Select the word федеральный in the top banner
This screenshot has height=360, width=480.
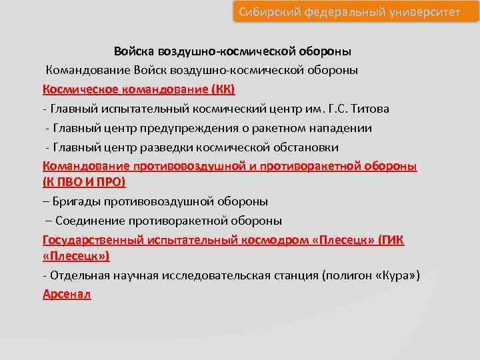click(x=342, y=12)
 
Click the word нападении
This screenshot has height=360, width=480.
click(x=339, y=127)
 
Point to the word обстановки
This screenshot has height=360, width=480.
click(x=305, y=147)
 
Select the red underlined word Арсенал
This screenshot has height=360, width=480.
click(x=67, y=294)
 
